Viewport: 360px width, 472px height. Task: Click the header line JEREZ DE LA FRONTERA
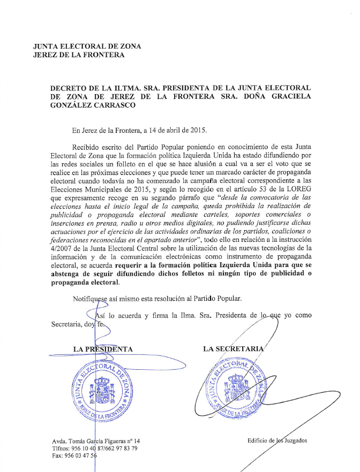coord(78,55)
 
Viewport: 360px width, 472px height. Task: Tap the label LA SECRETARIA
coord(234,349)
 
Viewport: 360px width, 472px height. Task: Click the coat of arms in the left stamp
coord(102,389)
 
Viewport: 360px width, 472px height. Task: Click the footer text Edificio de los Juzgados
coord(277,440)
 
